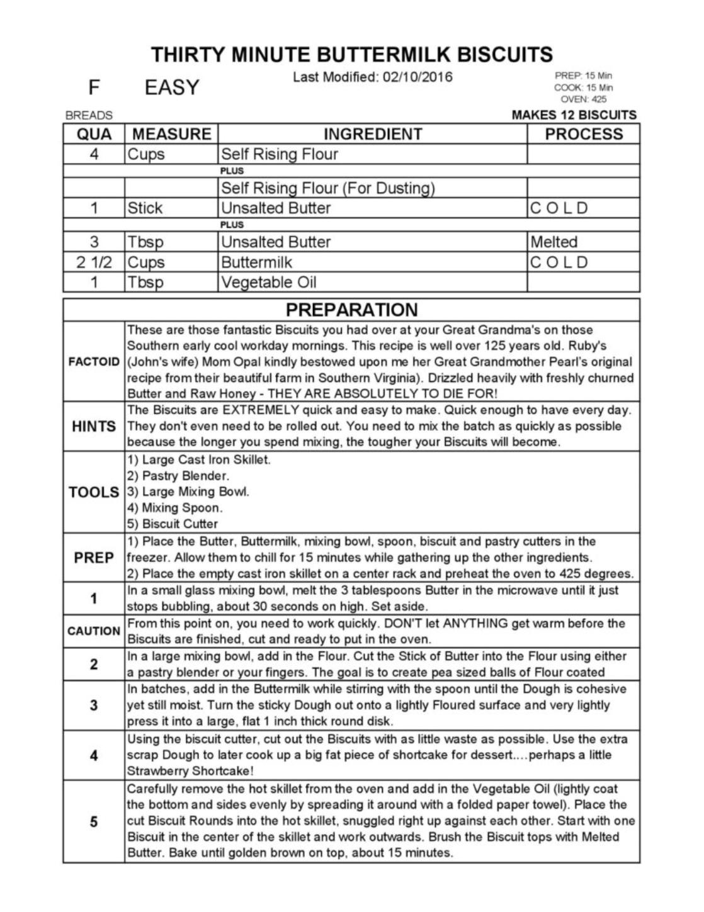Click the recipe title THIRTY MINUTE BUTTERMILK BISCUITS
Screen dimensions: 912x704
[351, 55]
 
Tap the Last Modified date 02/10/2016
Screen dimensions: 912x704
[417, 77]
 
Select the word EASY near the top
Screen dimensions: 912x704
[172, 87]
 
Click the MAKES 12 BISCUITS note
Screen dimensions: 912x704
[574, 115]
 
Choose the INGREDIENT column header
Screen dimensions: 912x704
[372, 134]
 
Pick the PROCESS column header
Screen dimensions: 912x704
[583, 134]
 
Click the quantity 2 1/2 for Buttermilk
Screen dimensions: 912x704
[94, 262]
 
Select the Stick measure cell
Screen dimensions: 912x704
[145, 208]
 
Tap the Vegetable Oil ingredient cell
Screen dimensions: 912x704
[268, 283]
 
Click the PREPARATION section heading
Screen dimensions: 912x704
[351, 310]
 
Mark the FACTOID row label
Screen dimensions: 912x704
[94, 362]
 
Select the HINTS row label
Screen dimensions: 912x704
[94, 426]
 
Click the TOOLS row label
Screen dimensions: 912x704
[94, 492]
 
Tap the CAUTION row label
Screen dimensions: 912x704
[94, 631]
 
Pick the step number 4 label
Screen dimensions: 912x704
[94, 755]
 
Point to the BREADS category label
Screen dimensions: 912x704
[89, 116]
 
